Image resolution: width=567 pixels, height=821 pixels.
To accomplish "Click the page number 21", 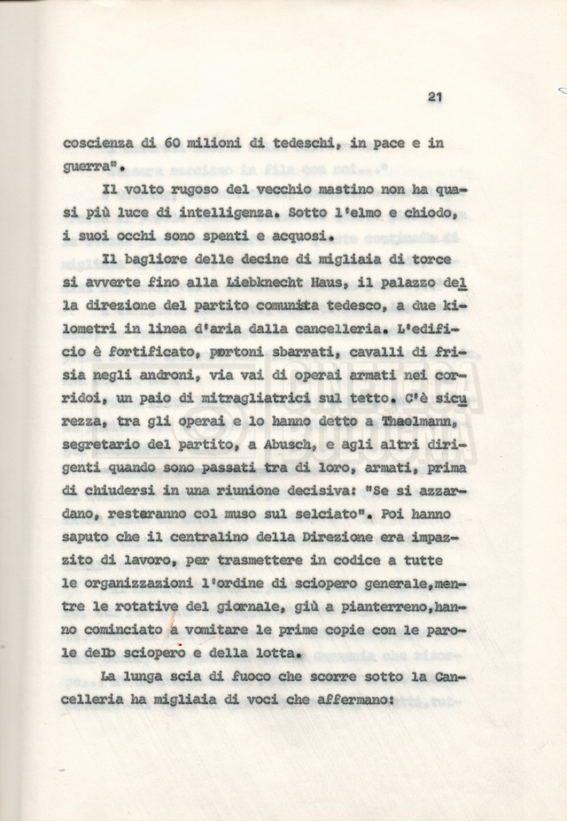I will coord(435,97).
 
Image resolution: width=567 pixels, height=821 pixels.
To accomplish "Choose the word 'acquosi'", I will coord(297,237).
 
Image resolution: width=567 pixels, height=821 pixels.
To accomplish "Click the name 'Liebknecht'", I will coord(269,283).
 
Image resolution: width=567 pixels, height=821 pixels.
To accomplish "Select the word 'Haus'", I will coord(338,283).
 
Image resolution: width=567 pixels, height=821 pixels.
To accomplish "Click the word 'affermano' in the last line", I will coord(350,700).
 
